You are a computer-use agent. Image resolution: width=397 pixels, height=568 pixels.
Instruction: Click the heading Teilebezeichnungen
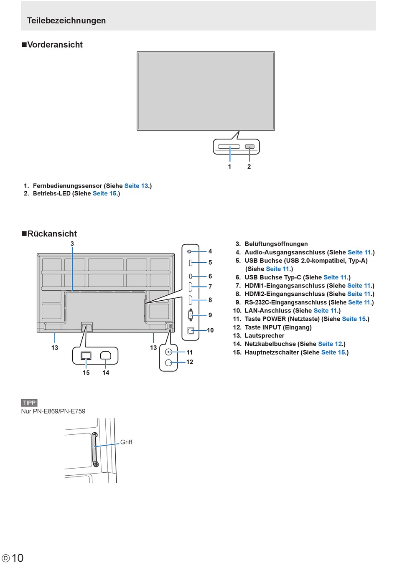(66, 20)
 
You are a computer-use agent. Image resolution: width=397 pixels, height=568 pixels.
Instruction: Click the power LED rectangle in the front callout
(249, 147)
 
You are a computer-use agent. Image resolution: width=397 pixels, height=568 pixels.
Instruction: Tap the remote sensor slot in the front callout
(229, 147)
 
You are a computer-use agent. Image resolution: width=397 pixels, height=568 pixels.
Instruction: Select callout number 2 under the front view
(249, 167)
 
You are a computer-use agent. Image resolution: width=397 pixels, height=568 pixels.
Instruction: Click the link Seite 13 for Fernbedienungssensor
(136, 186)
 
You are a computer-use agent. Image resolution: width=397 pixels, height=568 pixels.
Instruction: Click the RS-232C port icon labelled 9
(191, 315)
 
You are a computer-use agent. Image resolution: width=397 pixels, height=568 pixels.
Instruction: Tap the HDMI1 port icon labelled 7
(190, 287)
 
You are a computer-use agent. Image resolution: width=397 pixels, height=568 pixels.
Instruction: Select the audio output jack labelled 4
(189, 251)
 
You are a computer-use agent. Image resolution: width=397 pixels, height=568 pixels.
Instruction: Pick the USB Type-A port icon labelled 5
(191, 263)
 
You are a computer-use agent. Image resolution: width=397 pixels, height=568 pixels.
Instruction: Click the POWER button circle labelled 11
(168, 352)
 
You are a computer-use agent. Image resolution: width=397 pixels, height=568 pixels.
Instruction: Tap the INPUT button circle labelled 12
(168, 363)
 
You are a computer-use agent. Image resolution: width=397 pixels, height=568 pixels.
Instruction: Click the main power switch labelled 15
(86, 355)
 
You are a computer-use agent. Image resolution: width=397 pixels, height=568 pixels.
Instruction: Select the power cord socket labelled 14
(106, 355)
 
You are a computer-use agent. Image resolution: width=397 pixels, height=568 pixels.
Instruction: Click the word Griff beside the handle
(126, 442)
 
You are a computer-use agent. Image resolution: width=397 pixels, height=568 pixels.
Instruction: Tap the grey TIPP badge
(29, 403)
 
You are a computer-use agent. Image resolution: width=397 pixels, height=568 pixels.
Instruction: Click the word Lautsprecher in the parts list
(265, 336)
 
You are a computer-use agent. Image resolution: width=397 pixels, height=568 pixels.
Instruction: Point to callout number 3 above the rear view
(72, 243)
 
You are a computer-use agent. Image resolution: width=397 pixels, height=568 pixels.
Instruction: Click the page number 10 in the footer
(18, 558)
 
